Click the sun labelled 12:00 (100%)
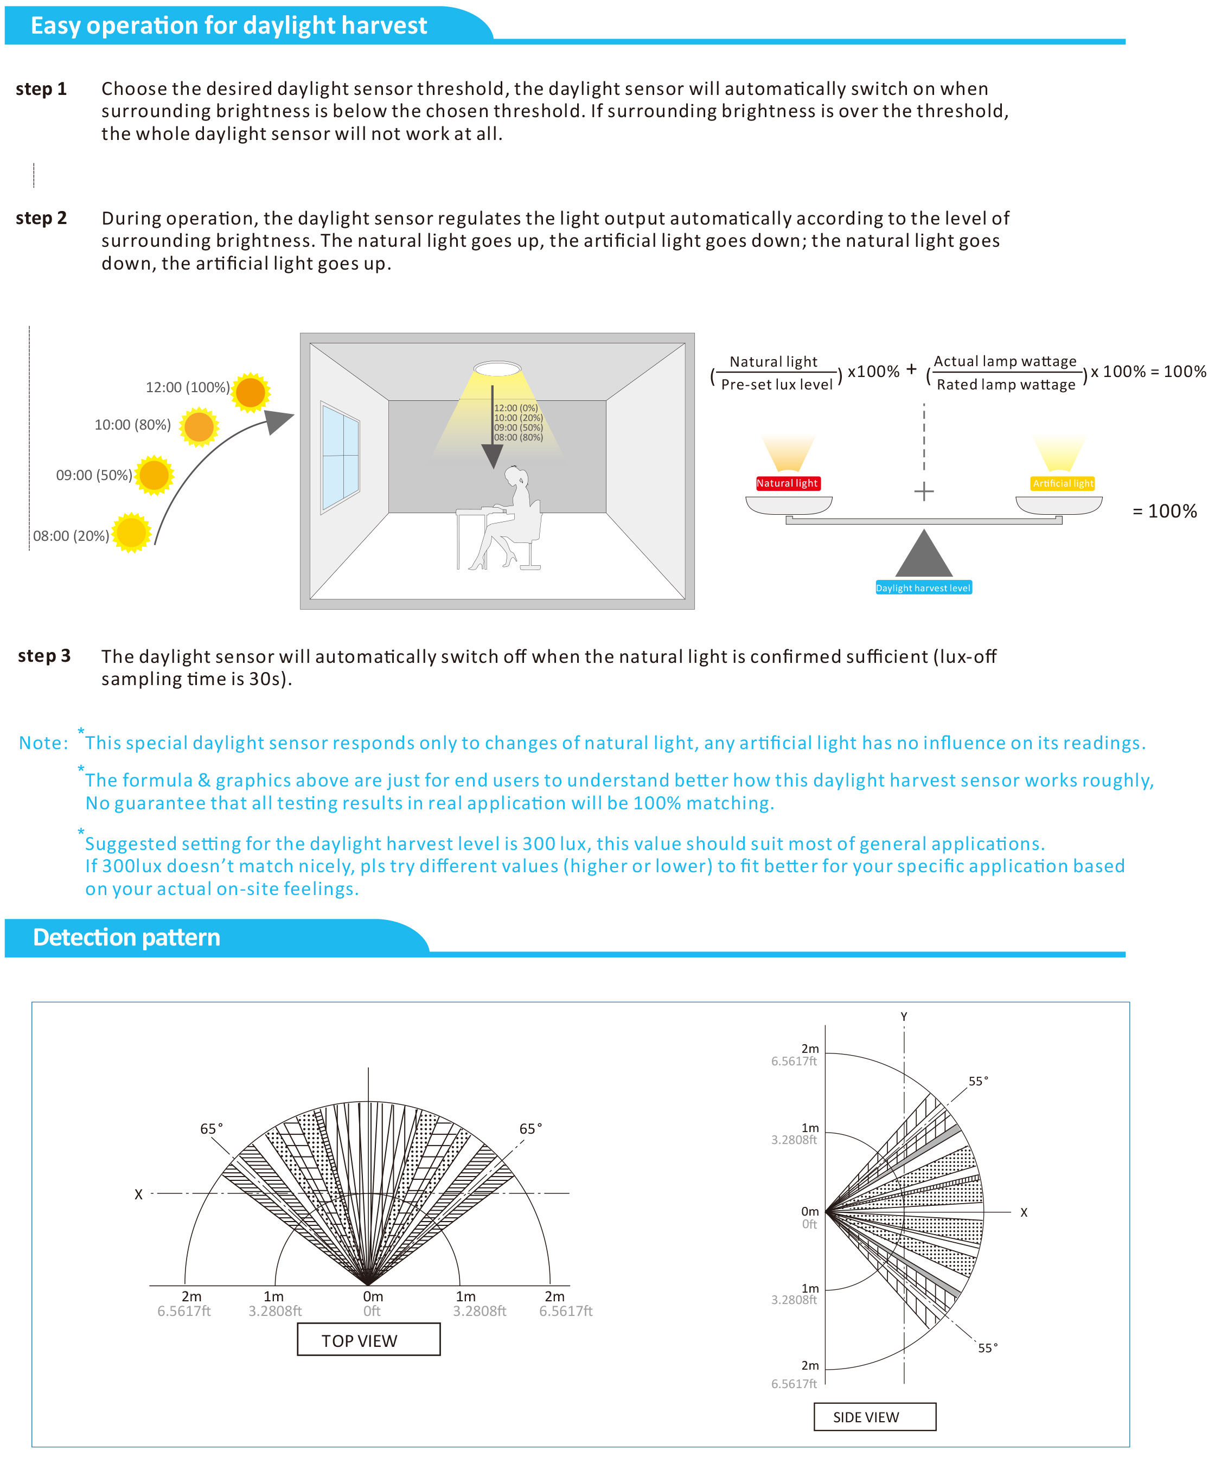coord(250,392)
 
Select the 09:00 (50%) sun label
coord(94,475)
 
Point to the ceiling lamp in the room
coord(497,368)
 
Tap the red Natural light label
coord(787,483)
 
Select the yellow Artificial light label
coord(1062,483)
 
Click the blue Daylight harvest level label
coord(923,588)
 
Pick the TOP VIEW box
coord(368,1340)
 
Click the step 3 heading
coord(44,656)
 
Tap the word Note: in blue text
coord(43,743)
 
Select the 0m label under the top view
coord(373,1296)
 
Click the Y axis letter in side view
coord(903,1017)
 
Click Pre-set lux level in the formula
coord(776,384)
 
